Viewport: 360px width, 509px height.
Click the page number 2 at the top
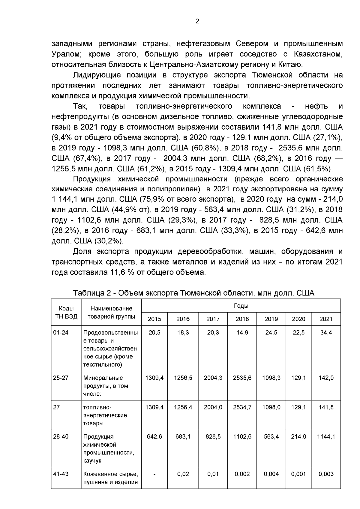click(197, 21)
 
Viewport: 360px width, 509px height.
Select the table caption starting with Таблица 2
click(193, 293)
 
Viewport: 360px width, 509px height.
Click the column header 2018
click(242, 319)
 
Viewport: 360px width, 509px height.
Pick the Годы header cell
click(241, 306)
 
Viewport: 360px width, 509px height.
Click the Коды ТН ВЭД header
click(66, 313)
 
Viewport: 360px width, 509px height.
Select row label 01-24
click(61, 333)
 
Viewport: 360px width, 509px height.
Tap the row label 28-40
click(61, 437)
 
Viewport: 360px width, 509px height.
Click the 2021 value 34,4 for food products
click(326, 333)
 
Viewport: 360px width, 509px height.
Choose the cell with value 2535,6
click(242, 378)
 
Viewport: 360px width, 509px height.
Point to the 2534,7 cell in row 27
click(242, 407)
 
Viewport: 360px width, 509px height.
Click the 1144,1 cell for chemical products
click(326, 437)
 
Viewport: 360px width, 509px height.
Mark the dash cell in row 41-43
click(154, 474)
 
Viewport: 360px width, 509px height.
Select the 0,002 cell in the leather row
click(242, 474)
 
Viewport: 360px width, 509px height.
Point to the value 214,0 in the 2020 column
click(298, 437)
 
